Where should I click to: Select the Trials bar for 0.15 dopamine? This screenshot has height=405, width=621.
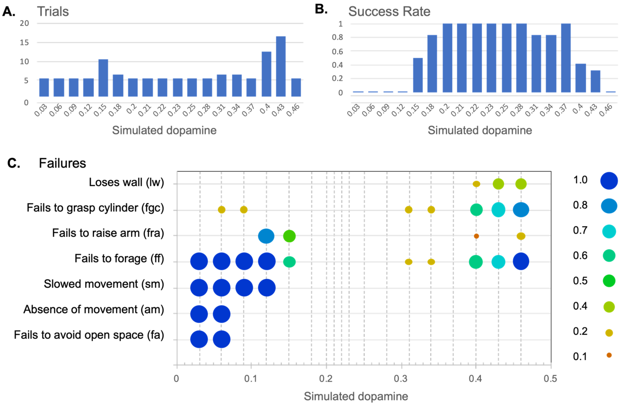pos(103,78)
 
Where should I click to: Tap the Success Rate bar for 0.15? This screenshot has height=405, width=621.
pos(418,75)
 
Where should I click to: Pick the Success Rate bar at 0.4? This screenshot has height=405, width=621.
pos(581,78)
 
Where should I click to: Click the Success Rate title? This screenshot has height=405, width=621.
pos(389,12)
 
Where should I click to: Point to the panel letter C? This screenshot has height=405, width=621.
pos(14,163)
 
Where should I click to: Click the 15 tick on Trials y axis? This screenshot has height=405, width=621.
pos(24,42)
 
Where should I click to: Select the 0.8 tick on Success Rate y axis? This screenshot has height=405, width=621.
pos(337,37)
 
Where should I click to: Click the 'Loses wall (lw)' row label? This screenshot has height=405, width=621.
pos(126,182)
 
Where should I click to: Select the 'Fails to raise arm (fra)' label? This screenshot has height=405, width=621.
pos(108,233)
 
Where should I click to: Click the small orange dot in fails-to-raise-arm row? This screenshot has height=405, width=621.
pos(476,236)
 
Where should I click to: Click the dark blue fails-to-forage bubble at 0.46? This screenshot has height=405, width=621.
pos(521,261)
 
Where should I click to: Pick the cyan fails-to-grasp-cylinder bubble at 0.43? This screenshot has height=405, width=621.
pos(498,210)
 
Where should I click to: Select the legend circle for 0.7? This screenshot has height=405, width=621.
pos(609,231)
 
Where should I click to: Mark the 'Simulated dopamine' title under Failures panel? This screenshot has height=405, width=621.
pos(356,396)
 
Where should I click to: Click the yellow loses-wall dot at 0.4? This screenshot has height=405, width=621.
pos(476,184)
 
